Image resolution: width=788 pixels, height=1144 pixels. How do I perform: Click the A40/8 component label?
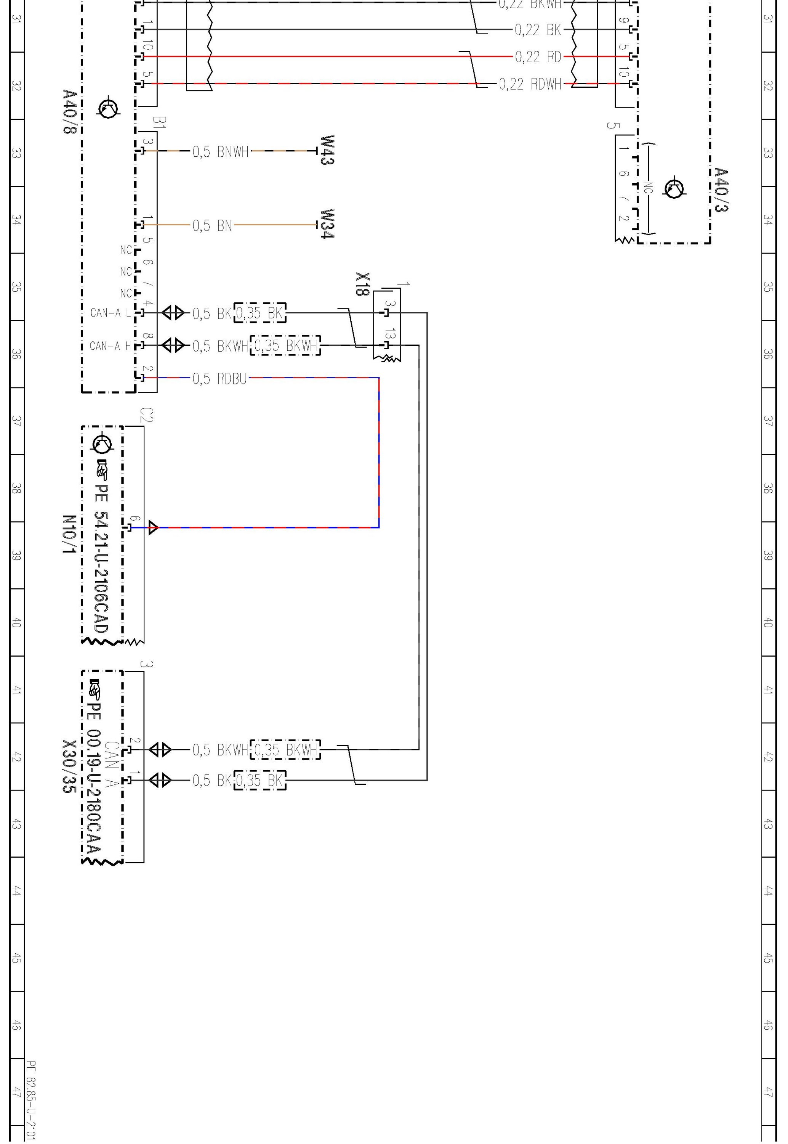(x=70, y=112)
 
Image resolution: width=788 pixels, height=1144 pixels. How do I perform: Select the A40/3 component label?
(x=721, y=190)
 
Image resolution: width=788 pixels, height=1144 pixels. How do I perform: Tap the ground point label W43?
(x=327, y=150)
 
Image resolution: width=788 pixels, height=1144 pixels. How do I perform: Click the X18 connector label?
(x=362, y=284)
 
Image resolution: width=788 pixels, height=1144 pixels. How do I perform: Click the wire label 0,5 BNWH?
(x=221, y=152)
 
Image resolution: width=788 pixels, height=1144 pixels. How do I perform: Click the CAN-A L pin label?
(x=111, y=313)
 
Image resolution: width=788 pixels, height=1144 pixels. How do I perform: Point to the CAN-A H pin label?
(x=111, y=346)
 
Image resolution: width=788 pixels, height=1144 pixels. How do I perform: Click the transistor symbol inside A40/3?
(x=674, y=188)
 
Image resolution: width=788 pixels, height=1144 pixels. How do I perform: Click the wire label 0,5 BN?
(x=212, y=226)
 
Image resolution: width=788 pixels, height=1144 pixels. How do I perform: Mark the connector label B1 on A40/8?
(x=160, y=122)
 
